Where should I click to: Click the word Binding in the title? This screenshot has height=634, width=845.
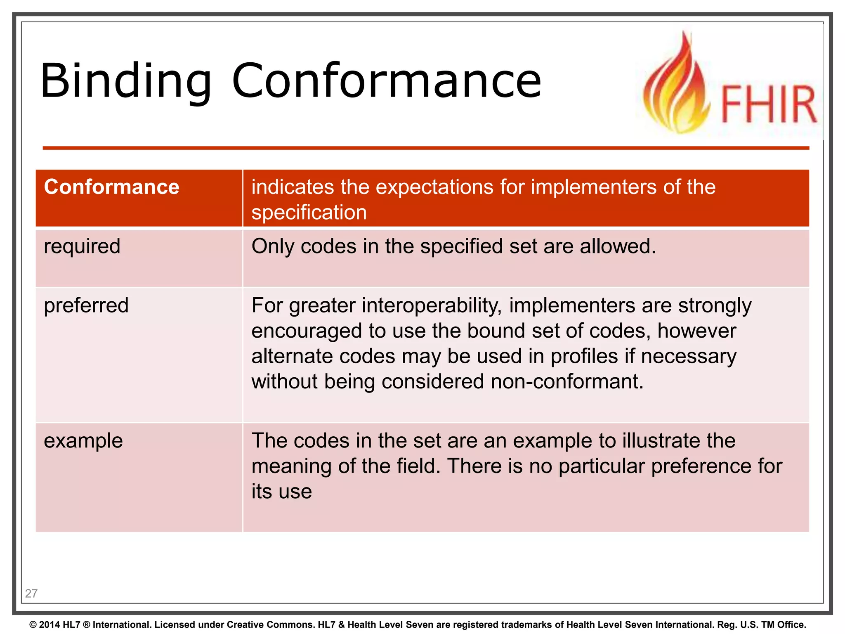coord(125,81)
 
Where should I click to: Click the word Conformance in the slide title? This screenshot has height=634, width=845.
coord(386,81)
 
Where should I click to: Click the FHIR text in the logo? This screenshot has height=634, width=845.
coord(768,104)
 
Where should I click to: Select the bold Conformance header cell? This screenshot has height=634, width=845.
coord(111,187)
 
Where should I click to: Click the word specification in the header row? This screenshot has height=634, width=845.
coord(309,213)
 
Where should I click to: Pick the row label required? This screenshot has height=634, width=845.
coord(82,246)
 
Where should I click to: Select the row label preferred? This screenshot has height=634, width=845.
coord(86,305)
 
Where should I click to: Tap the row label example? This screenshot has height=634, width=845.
coord(83,441)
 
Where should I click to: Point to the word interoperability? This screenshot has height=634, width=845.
coord(432,306)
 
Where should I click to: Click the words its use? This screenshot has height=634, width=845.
coord(281,492)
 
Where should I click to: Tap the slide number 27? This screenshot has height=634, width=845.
coord(31,594)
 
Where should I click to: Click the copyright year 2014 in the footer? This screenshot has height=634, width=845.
coord(50,625)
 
